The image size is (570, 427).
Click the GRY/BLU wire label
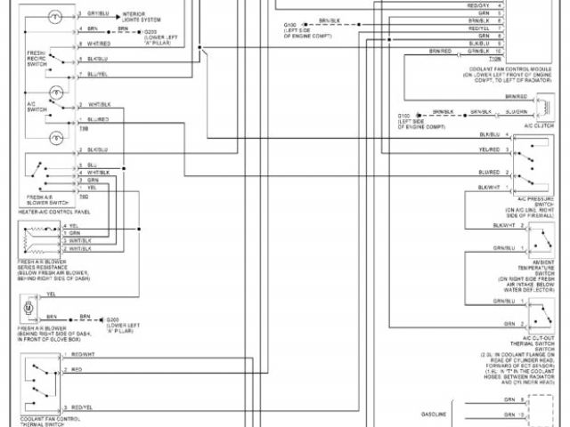click(x=98, y=15)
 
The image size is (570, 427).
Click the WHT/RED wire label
click(x=99, y=44)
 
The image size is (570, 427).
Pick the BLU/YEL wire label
click(x=98, y=75)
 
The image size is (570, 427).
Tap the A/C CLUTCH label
click(x=536, y=126)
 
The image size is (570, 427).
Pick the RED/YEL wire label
click(x=82, y=406)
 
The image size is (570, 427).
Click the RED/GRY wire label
click(x=478, y=6)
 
